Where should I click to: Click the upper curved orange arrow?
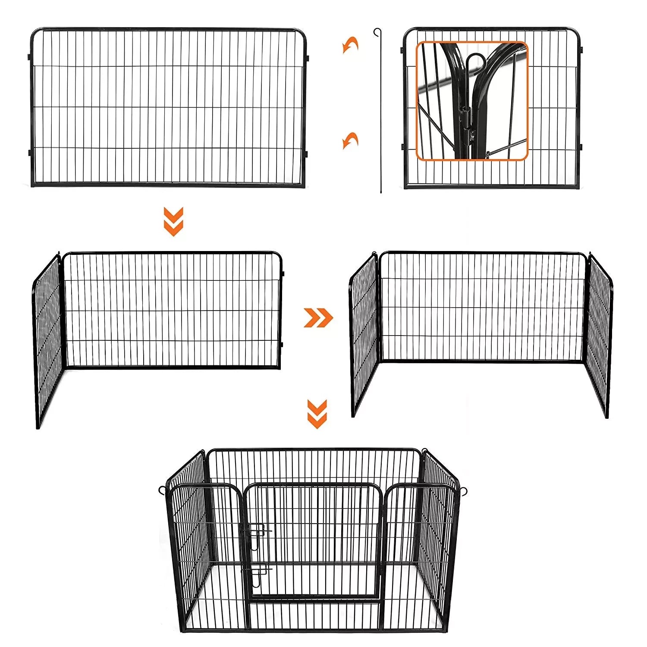pos(350,44)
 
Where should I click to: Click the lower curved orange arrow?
pos(350,140)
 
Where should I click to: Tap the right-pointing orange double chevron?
pos(318,317)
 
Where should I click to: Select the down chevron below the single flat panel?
pos(173,221)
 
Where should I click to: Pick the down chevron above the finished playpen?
pos(317,414)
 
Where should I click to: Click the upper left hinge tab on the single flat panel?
pos(29,57)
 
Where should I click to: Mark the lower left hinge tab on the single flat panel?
pos(29,152)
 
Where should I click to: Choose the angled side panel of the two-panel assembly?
pos(48,341)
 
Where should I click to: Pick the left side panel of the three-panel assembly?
pos(364,334)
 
